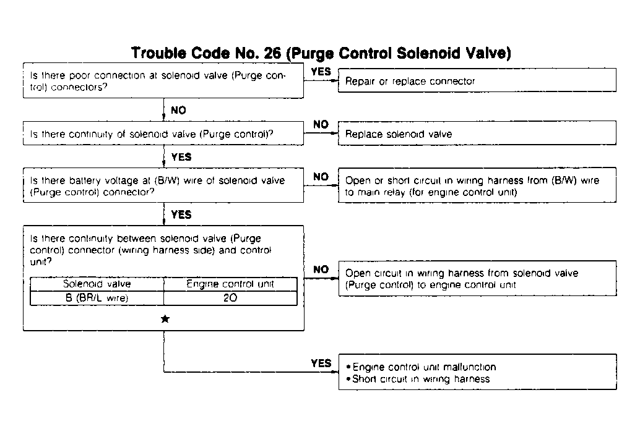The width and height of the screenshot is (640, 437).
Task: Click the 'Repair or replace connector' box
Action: coord(477,80)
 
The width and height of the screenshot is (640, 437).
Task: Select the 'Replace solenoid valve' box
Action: coord(477,134)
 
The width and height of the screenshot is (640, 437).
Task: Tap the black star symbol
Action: coord(165,319)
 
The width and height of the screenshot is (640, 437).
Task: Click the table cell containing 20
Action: coord(230,298)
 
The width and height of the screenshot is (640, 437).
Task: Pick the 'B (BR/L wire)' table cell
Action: coord(97,298)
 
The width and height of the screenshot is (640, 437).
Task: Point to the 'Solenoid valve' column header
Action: coord(97,284)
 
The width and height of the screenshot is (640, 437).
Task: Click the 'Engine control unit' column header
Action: coord(230,284)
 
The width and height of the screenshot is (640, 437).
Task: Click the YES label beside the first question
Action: coord(321,72)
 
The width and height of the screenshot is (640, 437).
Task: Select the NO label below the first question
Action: coord(178,111)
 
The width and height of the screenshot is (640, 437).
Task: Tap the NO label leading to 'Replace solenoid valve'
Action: coord(321,124)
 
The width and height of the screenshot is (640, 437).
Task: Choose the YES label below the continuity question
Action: coord(181,157)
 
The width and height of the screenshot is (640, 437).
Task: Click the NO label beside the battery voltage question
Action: coord(321,177)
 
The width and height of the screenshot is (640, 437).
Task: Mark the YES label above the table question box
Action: coord(181,215)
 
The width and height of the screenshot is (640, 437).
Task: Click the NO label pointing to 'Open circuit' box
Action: coord(321,269)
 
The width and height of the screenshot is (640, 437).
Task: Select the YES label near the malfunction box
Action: coord(321,363)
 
